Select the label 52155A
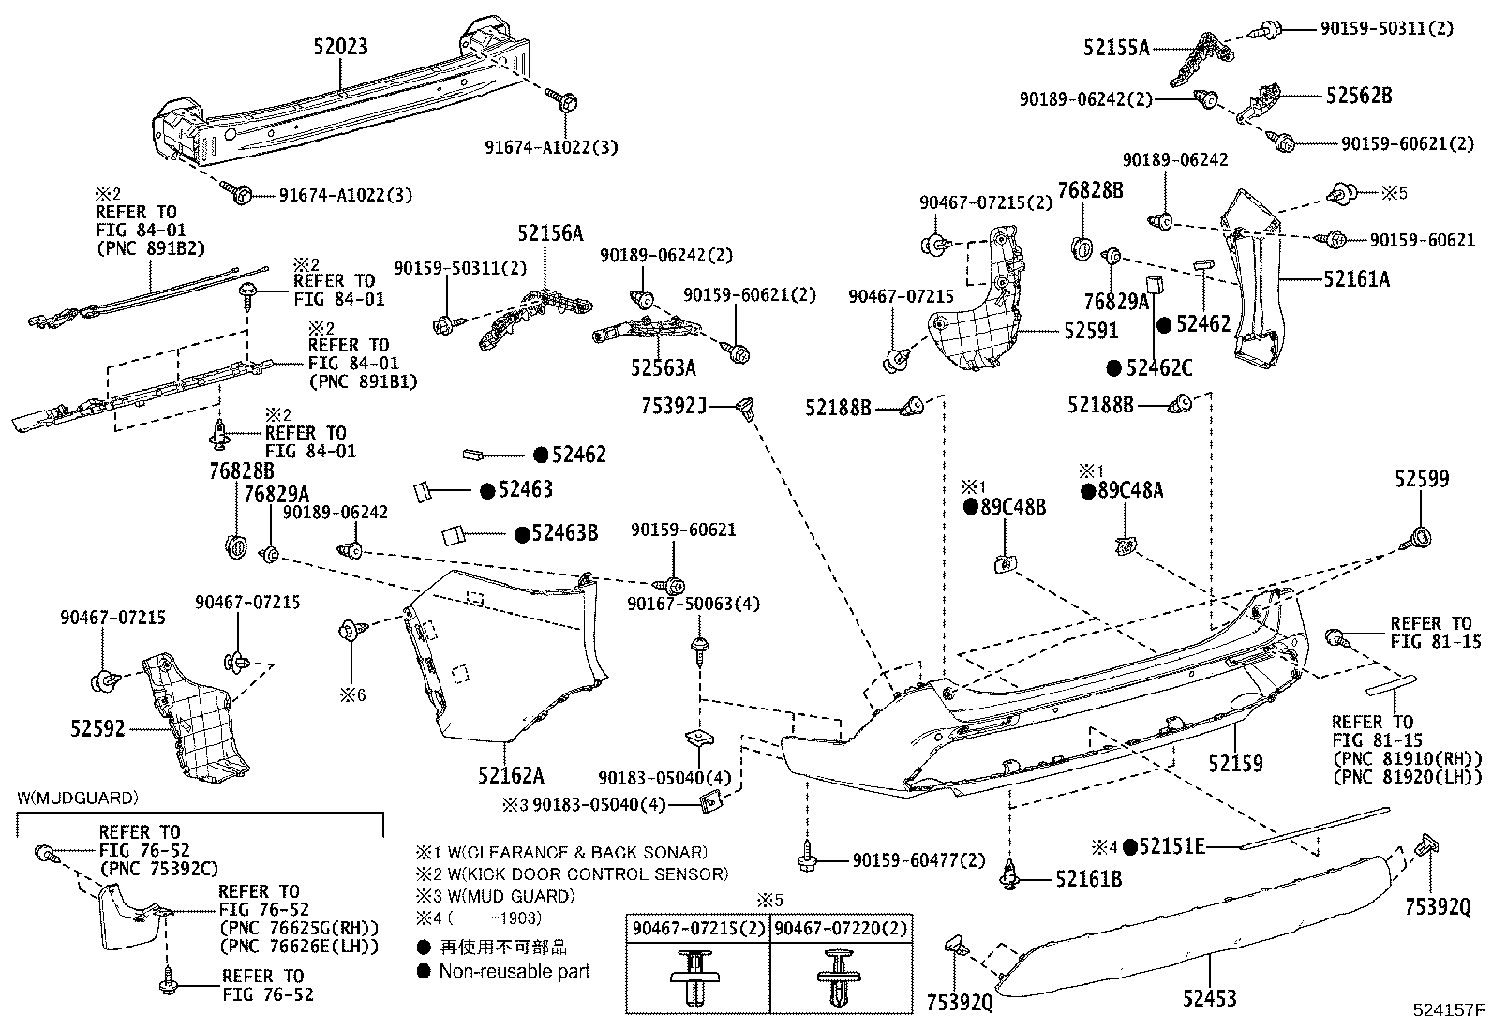click(x=1116, y=48)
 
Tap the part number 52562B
click(x=1358, y=96)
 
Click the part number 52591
click(x=1090, y=332)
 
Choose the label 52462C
click(x=1159, y=368)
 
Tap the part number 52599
click(x=1421, y=479)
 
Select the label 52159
click(x=1235, y=764)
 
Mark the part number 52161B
click(x=1088, y=879)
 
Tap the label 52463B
click(x=564, y=533)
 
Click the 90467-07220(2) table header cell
click(x=841, y=929)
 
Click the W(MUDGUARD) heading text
click(x=78, y=799)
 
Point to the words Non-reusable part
click(x=515, y=971)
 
